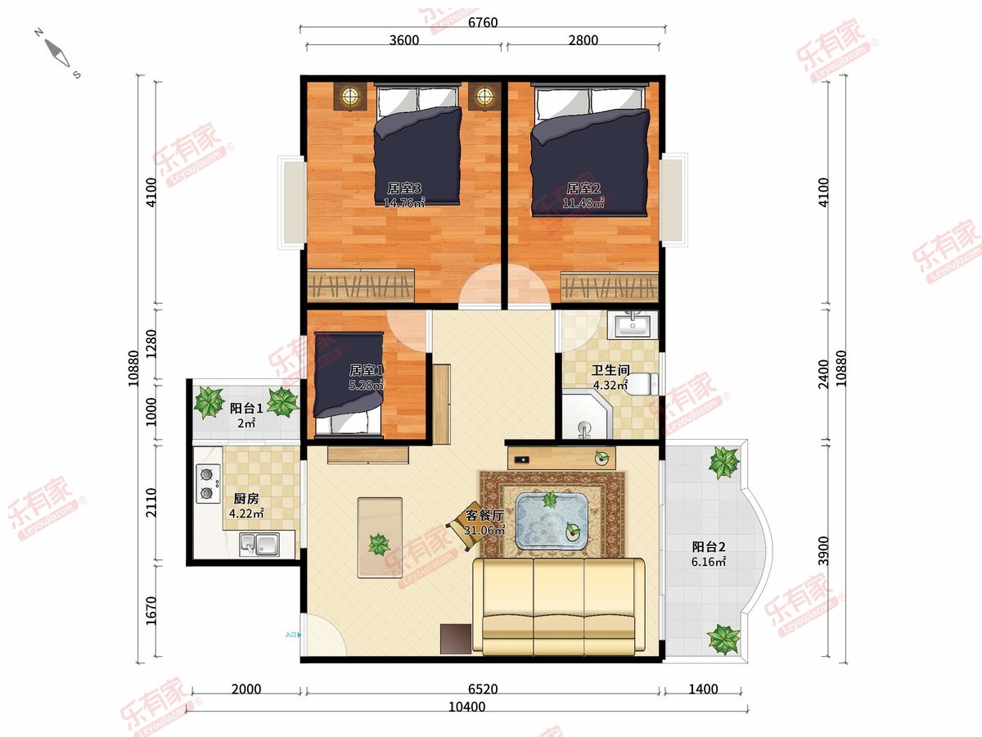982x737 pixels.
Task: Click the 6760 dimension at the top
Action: click(483, 22)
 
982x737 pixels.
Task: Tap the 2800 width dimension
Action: click(583, 40)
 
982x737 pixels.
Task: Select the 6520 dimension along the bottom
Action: click(483, 689)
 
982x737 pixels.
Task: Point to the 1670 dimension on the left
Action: click(151, 610)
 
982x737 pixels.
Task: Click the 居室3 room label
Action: click(404, 188)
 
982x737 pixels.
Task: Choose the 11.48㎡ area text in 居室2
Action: click(583, 203)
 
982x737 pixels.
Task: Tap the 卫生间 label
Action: click(610, 369)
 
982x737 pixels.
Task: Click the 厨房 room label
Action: click(246, 499)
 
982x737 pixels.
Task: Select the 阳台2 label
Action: click(709, 546)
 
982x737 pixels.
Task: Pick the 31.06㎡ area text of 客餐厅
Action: click(484, 531)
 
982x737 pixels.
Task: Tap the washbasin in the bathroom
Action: click(633, 324)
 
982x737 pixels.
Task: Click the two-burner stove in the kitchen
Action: click(208, 483)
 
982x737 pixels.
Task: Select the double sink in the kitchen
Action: click(259, 544)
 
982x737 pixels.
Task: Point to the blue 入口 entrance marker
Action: click(293, 635)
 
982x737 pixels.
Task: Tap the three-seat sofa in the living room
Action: click(559, 606)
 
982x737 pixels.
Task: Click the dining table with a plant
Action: click(380, 537)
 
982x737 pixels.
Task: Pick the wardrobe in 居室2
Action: click(610, 286)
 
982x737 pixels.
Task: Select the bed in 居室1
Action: click(349, 383)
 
